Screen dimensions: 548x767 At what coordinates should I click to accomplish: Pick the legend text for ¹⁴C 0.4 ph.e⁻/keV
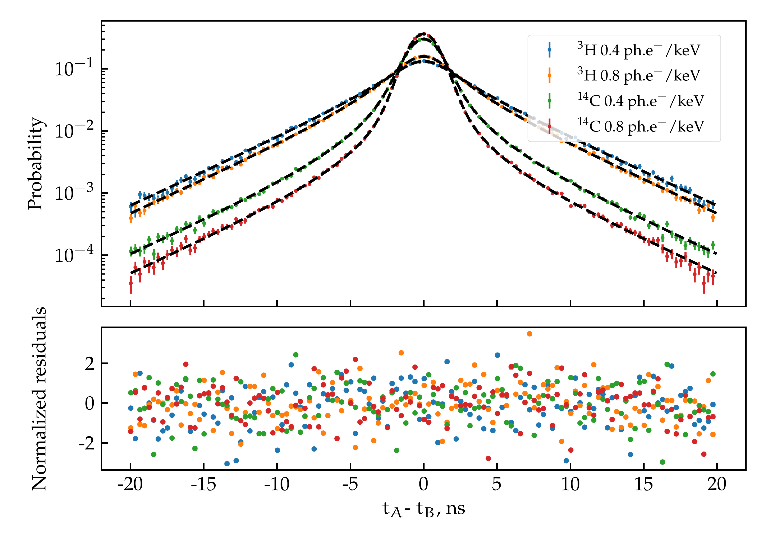point(640,101)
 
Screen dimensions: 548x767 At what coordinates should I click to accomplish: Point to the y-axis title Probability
point(36,164)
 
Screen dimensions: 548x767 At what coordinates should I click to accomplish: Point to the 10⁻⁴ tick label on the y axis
point(74,255)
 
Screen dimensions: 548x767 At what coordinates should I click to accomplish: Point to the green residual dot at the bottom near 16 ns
point(662,462)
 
